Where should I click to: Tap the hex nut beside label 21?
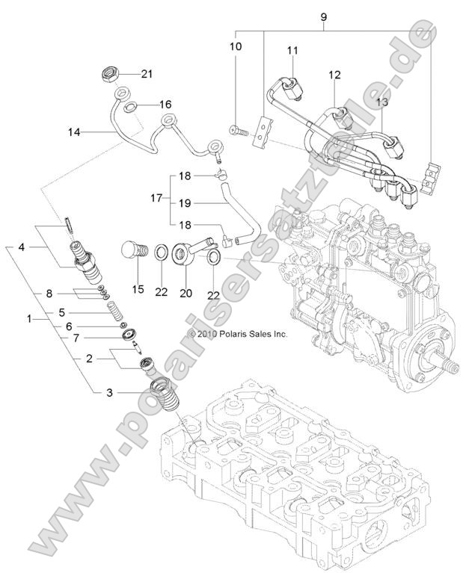point(110,75)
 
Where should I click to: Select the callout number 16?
point(165,104)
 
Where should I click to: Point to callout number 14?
point(73,132)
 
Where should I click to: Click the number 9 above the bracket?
point(323,16)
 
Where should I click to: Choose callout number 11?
point(292,50)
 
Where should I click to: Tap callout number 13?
point(381,101)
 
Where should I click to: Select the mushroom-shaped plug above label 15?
point(132,250)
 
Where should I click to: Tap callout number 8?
point(49,293)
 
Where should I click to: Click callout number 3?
point(109,391)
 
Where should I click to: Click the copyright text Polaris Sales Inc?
point(237,335)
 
